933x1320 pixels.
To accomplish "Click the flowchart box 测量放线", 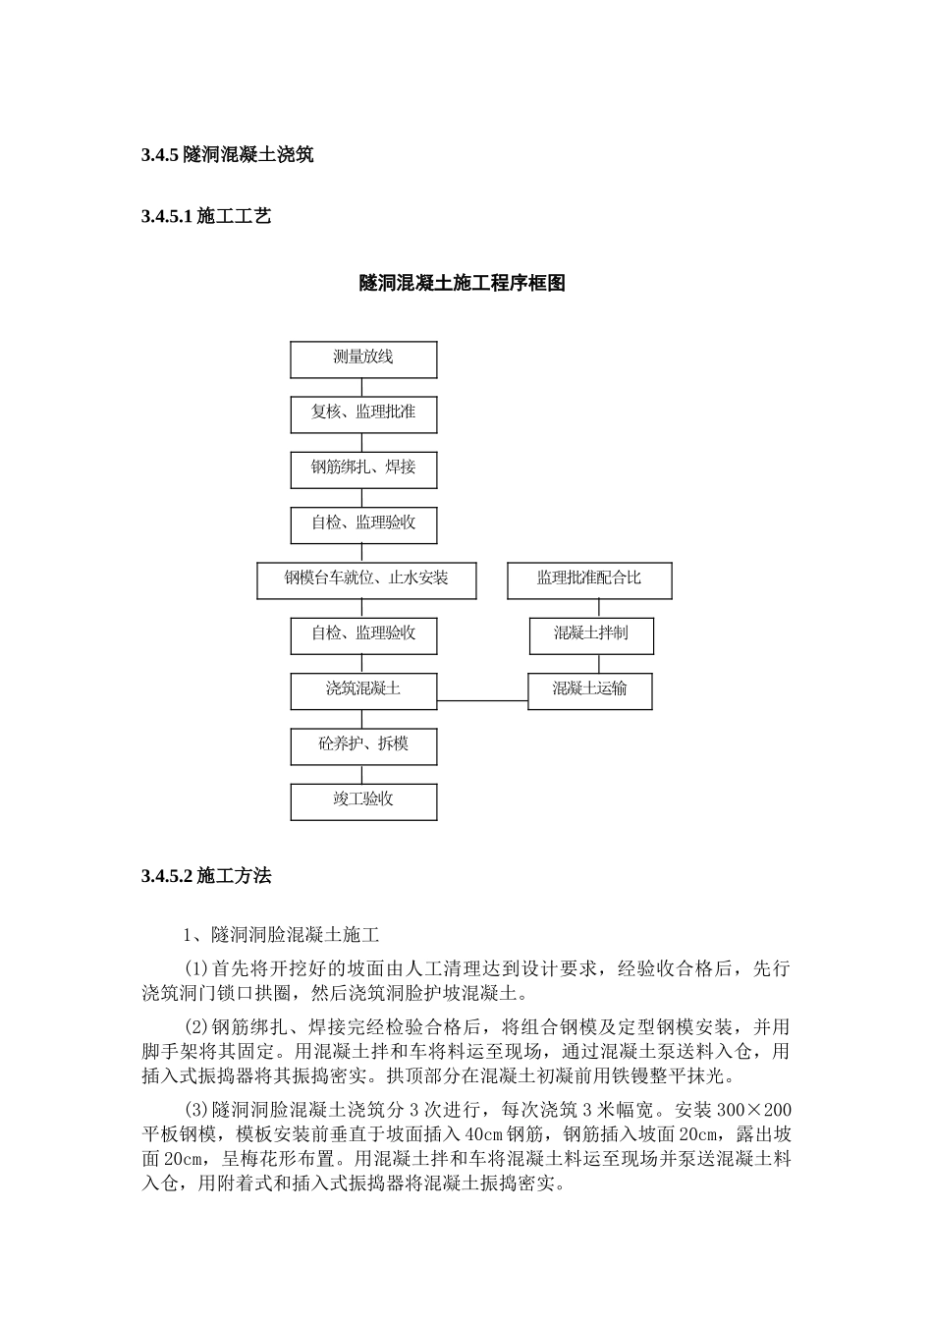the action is point(363,358).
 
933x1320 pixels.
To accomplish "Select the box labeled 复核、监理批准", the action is point(363,413).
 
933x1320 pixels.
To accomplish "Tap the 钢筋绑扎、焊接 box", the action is point(363,468).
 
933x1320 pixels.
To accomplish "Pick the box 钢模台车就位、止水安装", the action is point(366,579).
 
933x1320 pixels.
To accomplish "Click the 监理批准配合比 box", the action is point(589,579).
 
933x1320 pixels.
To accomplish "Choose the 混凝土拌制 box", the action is point(590,634).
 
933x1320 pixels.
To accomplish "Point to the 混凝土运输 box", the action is point(590,689).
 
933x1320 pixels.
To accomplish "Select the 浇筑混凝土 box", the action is point(363,689).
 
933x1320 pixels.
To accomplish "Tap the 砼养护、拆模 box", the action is point(363,745).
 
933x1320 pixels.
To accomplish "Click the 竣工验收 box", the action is point(363,800).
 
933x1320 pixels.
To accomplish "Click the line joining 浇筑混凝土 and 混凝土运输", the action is point(482,700).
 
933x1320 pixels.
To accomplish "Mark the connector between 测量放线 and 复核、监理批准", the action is point(363,386).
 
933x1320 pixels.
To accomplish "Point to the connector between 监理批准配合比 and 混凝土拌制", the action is point(590,608).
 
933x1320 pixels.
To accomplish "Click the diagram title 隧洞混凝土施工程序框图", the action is point(463,284).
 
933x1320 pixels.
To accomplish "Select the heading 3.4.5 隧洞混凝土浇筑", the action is point(227,154).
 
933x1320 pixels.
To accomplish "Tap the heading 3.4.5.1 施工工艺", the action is point(206,217).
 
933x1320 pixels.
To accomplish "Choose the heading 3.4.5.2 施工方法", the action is point(206,876).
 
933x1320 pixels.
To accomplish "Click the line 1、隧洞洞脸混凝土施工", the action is point(282,934).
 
